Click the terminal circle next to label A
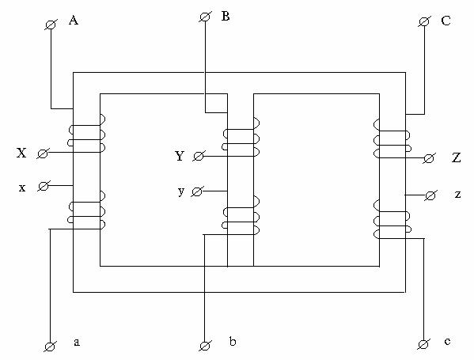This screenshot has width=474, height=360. [x=51, y=25]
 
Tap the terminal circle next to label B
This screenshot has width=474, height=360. [x=205, y=17]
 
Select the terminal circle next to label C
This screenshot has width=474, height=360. [x=424, y=22]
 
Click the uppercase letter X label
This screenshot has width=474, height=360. [x=21, y=153]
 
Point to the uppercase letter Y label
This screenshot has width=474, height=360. [x=180, y=156]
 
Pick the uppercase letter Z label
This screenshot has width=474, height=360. [x=456, y=157]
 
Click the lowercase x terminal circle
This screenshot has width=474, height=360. [x=44, y=186]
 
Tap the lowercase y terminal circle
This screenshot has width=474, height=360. [x=197, y=191]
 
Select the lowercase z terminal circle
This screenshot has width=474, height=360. [x=430, y=196]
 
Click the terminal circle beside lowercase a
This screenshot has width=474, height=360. [x=50, y=347]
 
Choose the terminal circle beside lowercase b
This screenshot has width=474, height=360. [x=205, y=346]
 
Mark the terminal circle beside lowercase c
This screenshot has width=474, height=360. [x=423, y=344]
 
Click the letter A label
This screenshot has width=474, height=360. [x=74, y=21]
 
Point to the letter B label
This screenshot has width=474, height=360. [x=226, y=16]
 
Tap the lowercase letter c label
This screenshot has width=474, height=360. [x=447, y=341]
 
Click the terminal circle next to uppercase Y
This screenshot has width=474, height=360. [x=199, y=157]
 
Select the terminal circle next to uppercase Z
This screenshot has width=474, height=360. [x=428, y=158]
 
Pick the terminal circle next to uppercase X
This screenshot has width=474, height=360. [x=42, y=153]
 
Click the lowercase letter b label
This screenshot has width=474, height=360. [x=233, y=341]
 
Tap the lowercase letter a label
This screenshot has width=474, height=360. [x=77, y=342]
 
